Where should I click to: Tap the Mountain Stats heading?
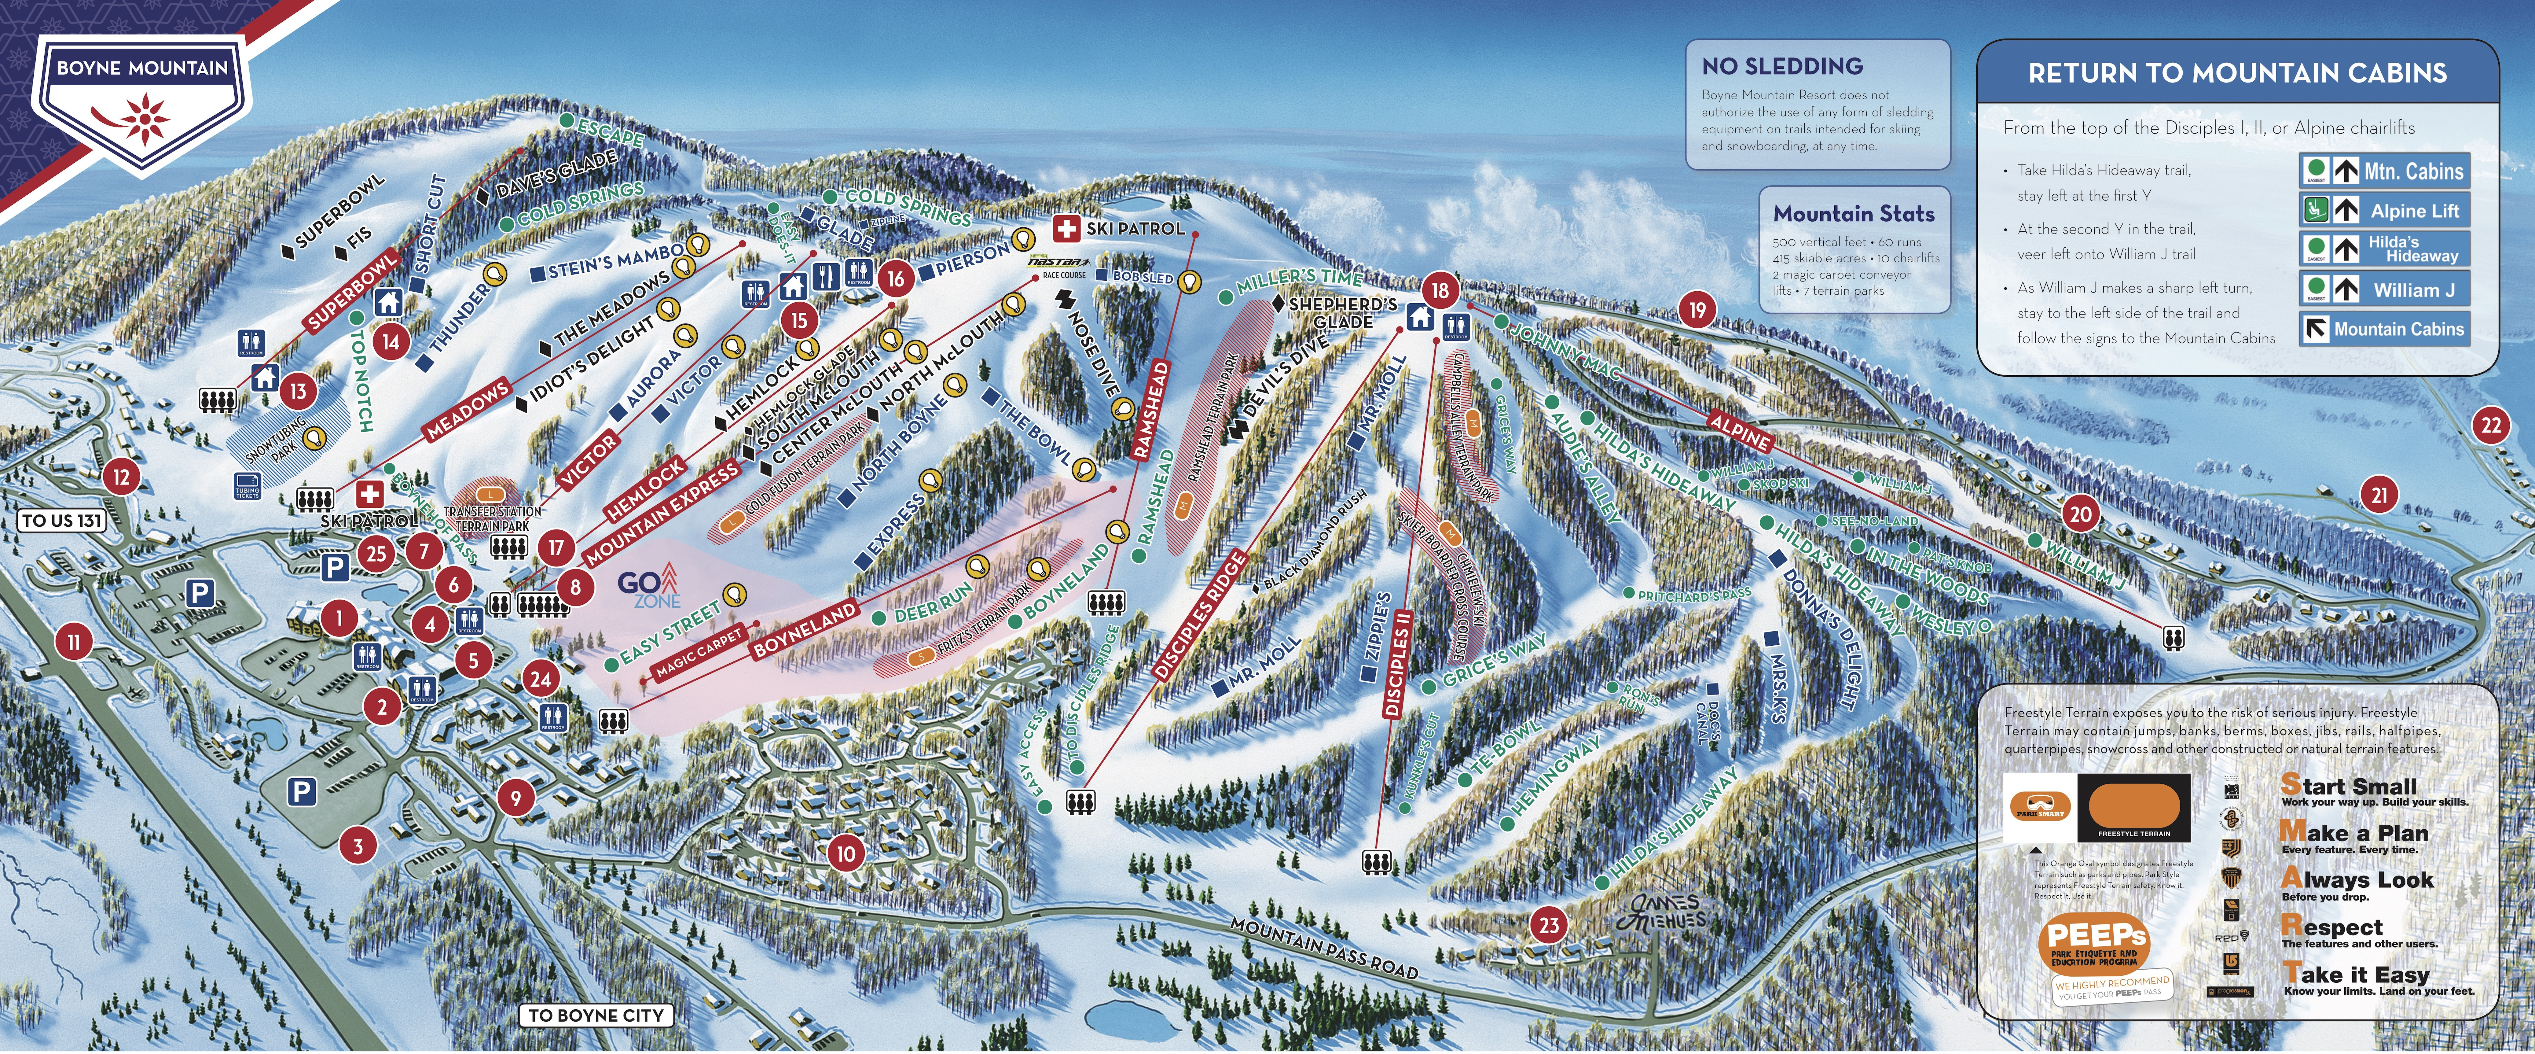pos(1853,214)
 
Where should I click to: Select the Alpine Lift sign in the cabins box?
pos(2384,211)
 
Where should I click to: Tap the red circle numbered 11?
pos(74,643)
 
